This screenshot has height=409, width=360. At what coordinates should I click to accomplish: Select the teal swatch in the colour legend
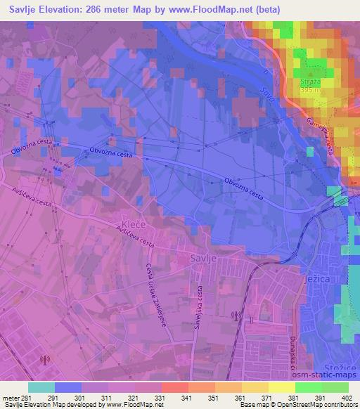pyautogui.click(x=41, y=387)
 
